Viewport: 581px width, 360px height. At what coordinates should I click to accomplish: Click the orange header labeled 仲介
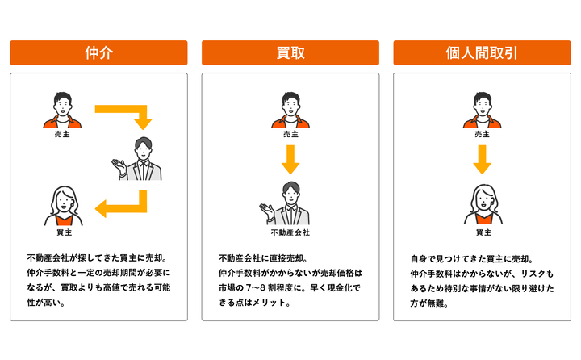pos(98,52)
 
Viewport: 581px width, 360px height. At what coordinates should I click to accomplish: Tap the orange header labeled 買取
pos(290,52)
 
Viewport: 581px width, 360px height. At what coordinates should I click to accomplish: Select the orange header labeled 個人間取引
pos(482,52)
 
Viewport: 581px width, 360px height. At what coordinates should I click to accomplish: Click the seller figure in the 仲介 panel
pos(62,110)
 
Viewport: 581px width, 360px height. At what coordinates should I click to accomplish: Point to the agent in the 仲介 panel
pos(137,159)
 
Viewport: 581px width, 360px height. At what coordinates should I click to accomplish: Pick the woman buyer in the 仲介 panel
pos(64,206)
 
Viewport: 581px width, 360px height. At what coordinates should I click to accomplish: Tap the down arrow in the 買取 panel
pos(290,160)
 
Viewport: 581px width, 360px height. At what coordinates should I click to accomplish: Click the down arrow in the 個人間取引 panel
pos(482,160)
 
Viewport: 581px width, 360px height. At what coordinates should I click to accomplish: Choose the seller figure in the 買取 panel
pos(290,110)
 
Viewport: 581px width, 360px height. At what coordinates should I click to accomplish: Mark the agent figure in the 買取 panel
pos(285,203)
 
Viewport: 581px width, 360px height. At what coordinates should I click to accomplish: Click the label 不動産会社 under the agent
pos(290,232)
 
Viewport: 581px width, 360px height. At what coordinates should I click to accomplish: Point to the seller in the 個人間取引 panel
pos(482,110)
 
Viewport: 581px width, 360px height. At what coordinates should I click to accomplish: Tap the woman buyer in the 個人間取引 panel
pos(483,205)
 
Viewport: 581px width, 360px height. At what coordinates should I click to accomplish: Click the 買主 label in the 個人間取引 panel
pos(483,232)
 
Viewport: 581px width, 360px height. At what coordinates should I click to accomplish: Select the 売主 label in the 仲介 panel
pos(62,134)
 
